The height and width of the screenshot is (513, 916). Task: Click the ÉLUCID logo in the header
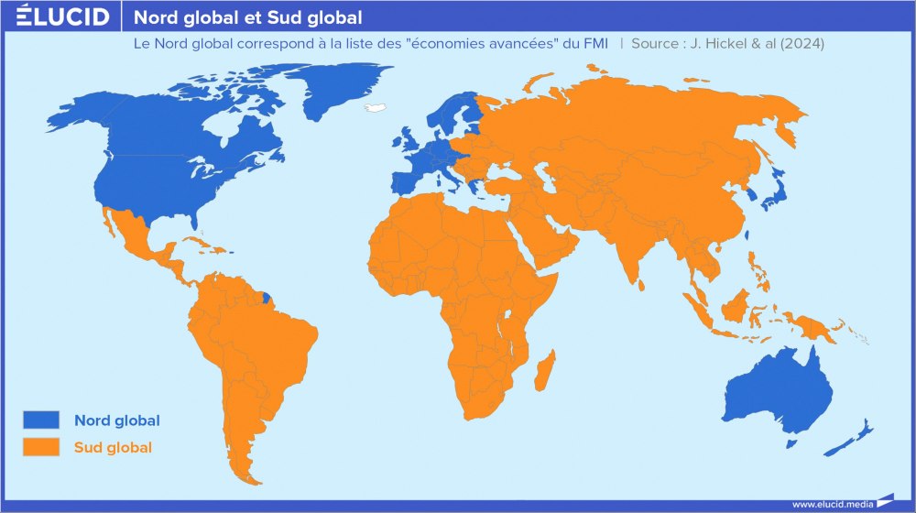[x=63, y=16]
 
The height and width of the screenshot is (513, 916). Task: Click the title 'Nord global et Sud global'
[x=247, y=17]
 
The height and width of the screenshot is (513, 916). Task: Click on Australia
[x=779, y=389]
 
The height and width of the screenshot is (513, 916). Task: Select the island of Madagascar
[x=544, y=372]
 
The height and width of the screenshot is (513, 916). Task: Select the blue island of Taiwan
[x=747, y=235]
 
